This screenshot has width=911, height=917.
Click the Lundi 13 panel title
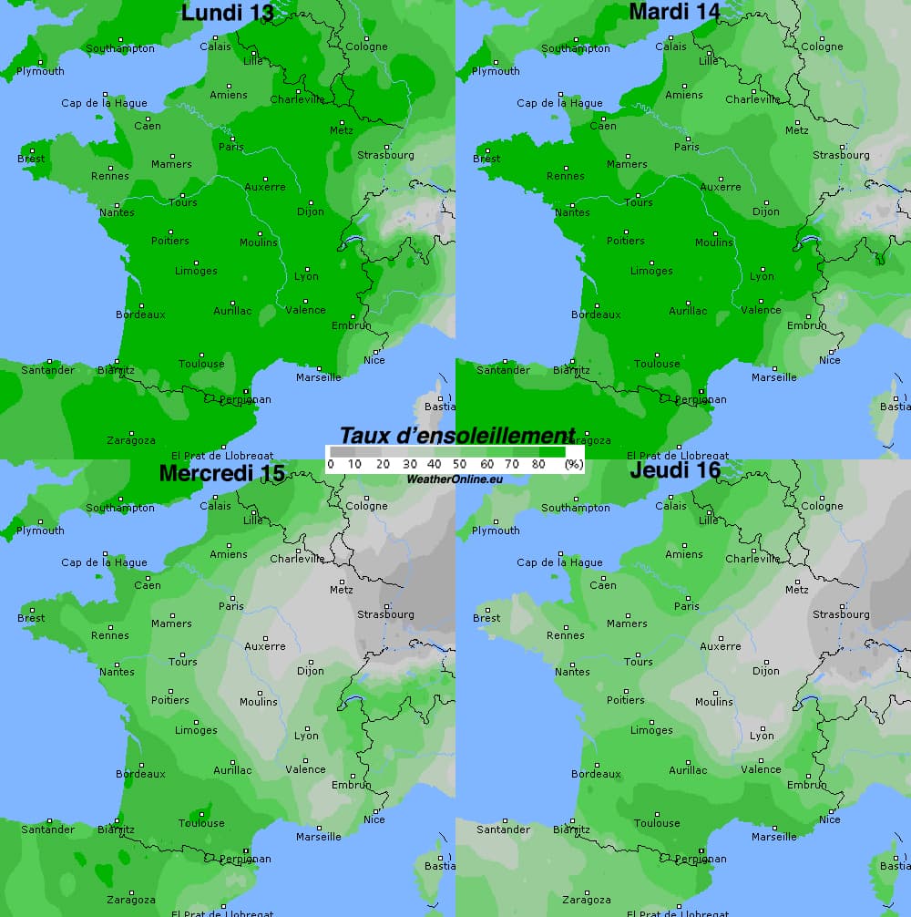tap(228, 13)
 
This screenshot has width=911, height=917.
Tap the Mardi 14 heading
tap(675, 12)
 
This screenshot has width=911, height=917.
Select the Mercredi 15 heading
tap(222, 473)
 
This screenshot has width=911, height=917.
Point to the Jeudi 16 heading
tap(675, 471)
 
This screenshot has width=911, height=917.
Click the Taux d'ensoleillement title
tap(457, 436)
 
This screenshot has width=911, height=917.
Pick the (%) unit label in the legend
tap(574, 465)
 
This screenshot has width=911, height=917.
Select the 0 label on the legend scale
tap(330, 465)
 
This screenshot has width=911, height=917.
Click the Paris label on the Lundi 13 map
tap(231, 147)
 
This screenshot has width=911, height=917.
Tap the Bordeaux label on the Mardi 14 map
tap(596, 314)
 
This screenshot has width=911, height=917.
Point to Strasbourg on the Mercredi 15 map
tap(385, 614)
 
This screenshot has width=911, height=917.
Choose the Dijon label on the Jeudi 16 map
tap(766, 671)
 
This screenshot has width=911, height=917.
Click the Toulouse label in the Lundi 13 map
tap(201, 364)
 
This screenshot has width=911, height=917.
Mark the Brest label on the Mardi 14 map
tap(486, 159)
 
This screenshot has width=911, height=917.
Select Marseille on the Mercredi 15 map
tap(319, 837)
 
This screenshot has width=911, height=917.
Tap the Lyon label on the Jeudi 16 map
tap(762, 736)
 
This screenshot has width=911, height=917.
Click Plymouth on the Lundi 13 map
tap(40, 71)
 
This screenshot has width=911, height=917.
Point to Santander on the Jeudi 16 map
tap(503, 829)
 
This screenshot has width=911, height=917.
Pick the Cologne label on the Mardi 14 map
tap(822, 46)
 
